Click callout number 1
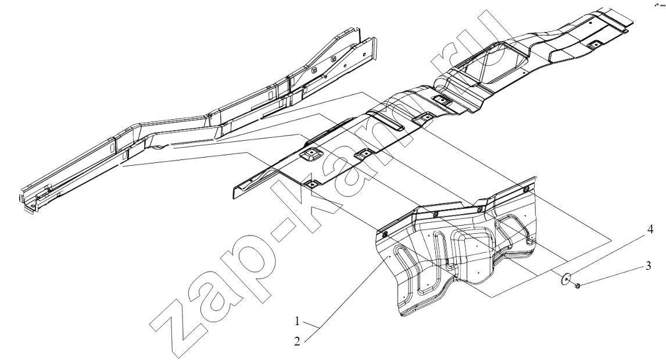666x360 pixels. pos(298,321)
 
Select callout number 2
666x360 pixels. pos(298,341)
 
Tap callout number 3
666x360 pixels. pos(648,266)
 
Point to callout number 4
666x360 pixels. pos(650,230)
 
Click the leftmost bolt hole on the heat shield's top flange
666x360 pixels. pos(384,234)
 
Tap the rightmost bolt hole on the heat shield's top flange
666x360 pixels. pos(527,188)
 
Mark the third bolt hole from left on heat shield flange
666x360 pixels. pos(479,209)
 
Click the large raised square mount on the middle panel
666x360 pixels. pos(311,154)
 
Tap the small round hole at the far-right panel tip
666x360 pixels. pos(625,30)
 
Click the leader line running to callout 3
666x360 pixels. pos(612,276)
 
